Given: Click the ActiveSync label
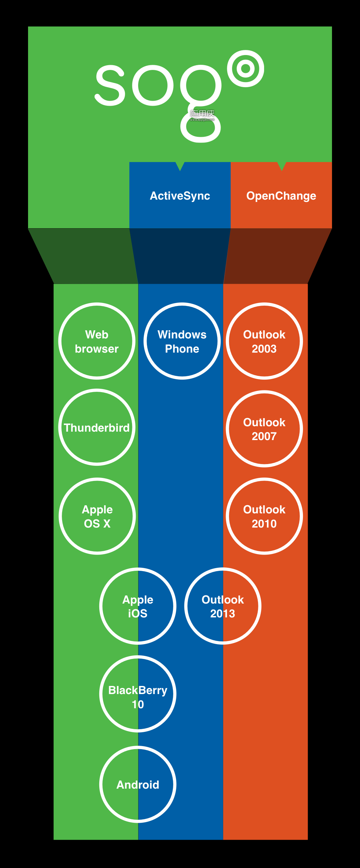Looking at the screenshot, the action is click(x=180, y=196).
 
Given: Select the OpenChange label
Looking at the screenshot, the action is click(x=281, y=196).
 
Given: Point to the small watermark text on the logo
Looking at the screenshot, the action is click(x=202, y=115).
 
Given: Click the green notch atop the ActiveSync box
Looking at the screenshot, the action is click(x=180, y=166).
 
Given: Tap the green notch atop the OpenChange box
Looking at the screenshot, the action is click(x=282, y=166).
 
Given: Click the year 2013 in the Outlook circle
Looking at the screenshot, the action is click(x=223, y=613).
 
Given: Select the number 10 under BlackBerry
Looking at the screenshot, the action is click(x=138, y=704).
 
